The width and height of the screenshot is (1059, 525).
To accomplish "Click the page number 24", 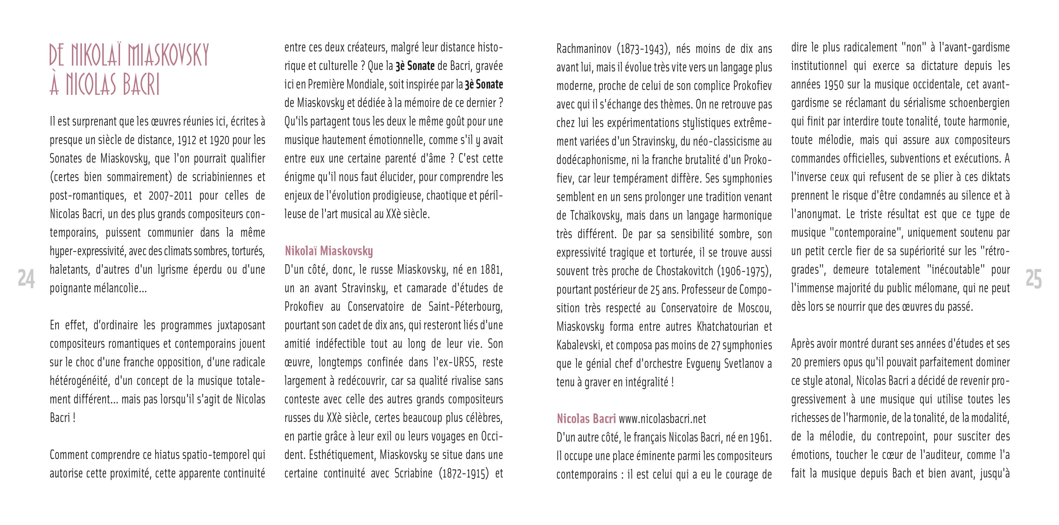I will [26, 279].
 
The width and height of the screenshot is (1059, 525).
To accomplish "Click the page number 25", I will [1033, 279].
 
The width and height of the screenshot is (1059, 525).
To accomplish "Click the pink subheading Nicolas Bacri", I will [586, 419].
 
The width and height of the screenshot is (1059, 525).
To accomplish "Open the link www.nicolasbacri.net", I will [662, 419].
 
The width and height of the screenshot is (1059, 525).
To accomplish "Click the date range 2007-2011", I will [170, 196].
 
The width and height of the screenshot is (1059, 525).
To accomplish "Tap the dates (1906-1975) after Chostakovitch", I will [744, 271].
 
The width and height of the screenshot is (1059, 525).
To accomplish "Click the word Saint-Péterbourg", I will [465, 307].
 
